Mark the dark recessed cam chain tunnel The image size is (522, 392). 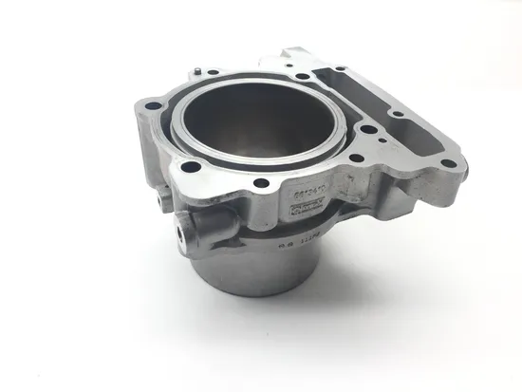pyautogui.click(x=380, y=104)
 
